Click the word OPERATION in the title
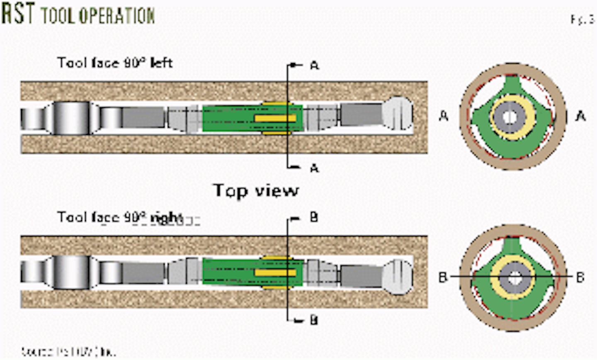[117, 16]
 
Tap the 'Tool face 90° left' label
[115, 63]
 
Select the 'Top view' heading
[256, 190]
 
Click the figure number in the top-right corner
[582, 19]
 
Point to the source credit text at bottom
[68, 352]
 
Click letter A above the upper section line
[315, 66]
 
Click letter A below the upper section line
[314, 168]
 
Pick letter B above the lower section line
[314, 217]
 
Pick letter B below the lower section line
[314, 320]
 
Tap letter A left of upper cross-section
[444, 116]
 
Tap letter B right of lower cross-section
[580, 277]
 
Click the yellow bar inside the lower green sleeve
[275, 273]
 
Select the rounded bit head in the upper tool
[397, 114]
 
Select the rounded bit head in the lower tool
[397, 277]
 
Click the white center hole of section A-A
[510, 117]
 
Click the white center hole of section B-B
[515, 278]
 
